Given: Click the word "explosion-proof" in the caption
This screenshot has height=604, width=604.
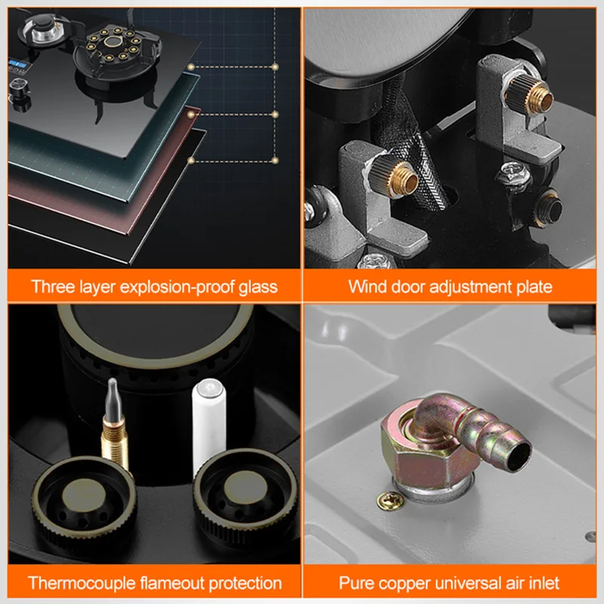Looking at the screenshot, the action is pyautogui.click(x=177, y=288).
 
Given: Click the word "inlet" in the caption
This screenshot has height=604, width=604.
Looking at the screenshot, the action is pyautogui.click(x=542, y=583).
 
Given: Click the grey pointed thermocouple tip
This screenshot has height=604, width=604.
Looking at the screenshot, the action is pyautogui.click(x=112, y=399).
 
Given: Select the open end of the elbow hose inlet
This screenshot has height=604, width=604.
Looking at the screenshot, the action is pyautogui.click(x=517, y=456).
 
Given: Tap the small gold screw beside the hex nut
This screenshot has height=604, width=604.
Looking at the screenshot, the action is pyautogui.click(x=390, y=501).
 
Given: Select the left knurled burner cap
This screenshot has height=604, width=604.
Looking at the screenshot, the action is pyautogui.click(x=84, y=498).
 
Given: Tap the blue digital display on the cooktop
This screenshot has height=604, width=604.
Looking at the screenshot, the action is pyautogui.click(x=17, y=64).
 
